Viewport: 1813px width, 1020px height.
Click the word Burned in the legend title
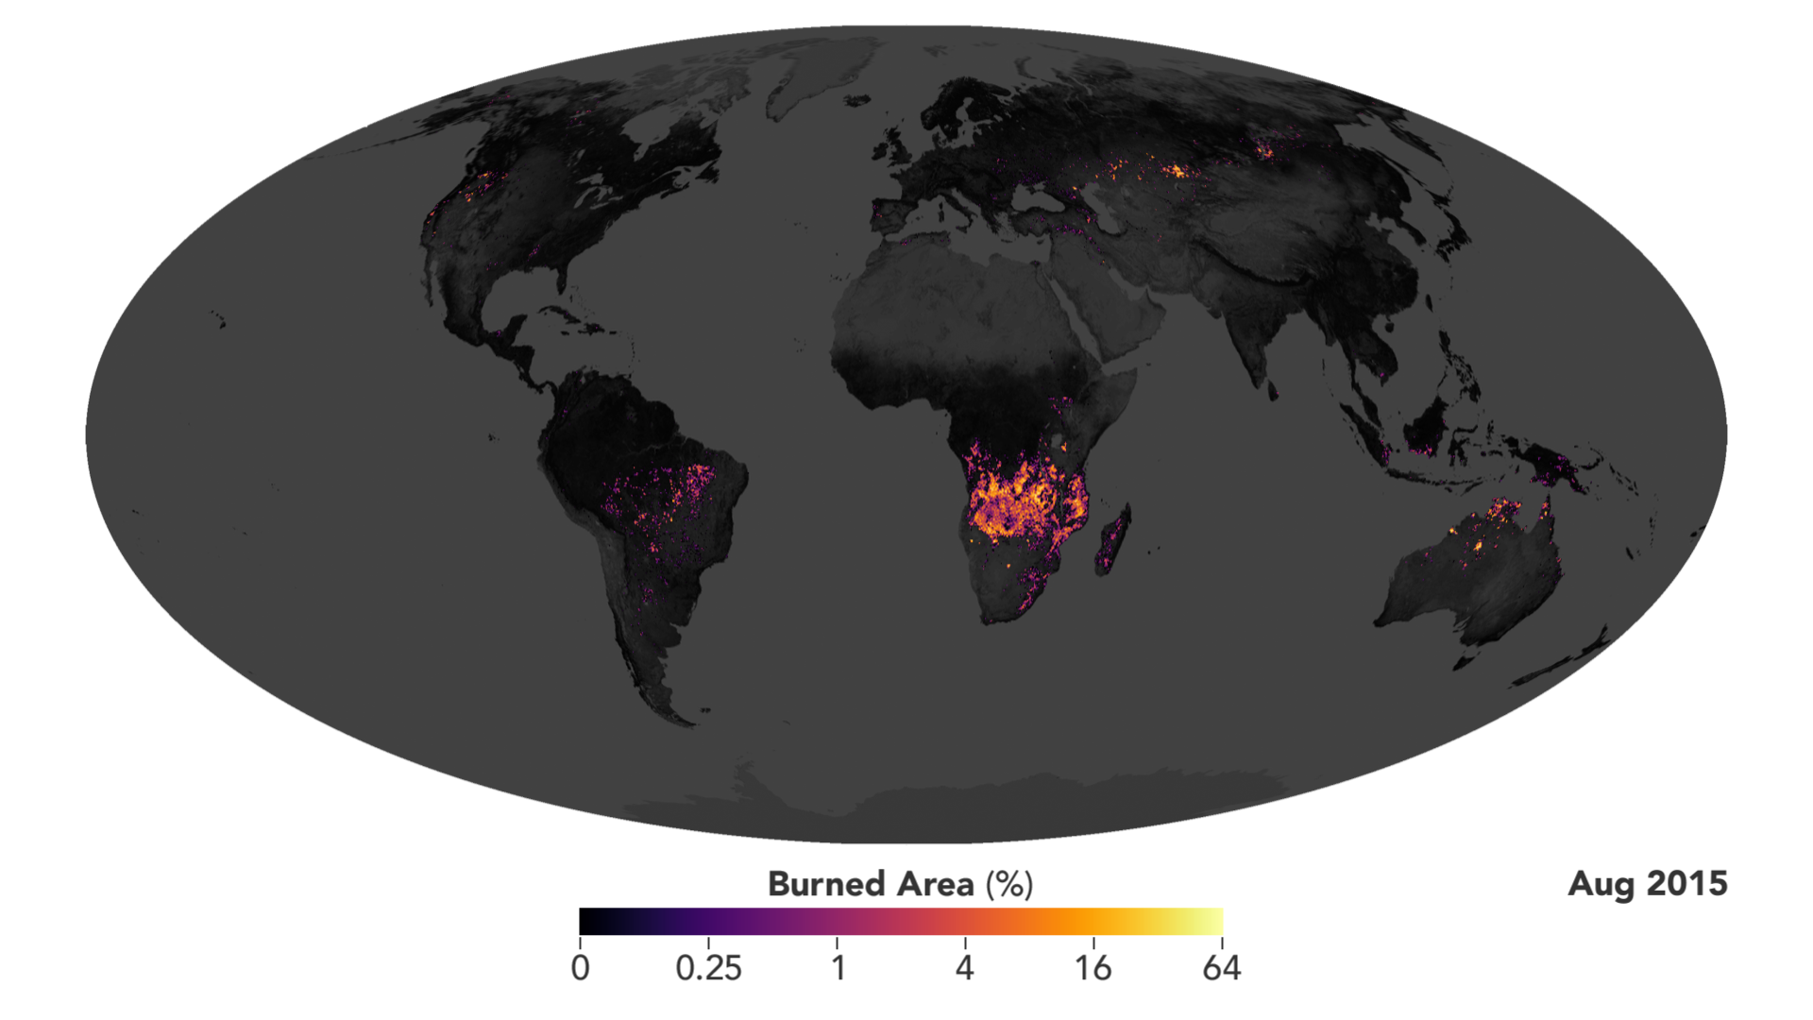[823, 884]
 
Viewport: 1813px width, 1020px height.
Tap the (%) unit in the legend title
[1009, 884]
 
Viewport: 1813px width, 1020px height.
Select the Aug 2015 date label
[1647, 884]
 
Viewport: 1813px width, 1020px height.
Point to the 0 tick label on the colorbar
[581, 968]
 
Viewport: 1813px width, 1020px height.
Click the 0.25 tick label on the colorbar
[708, 968]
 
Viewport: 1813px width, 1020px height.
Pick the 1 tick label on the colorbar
[838, 968]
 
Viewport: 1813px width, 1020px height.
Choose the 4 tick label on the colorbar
[964, 968]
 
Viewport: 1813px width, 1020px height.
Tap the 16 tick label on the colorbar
[1093, 968]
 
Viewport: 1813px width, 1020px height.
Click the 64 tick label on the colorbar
[1221, 968]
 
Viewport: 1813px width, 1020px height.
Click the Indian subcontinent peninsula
[1251, 340]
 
